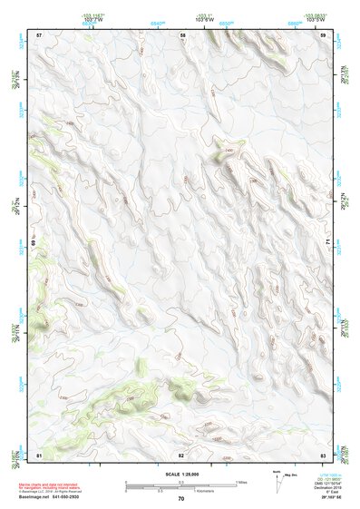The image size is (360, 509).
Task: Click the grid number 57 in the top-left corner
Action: point(39,34)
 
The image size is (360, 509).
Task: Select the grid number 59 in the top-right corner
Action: point(324,34)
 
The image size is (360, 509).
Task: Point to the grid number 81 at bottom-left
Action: point(39,454)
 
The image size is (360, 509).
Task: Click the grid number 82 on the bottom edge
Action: point(181,454)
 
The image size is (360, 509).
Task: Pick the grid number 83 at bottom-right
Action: point(324,454)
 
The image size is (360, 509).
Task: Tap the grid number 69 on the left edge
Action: point(34,244)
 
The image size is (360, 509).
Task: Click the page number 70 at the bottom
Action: point(181,498)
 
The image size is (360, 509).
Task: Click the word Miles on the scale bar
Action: point(240,482)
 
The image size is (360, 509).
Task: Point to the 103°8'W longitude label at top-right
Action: point(315,19)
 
